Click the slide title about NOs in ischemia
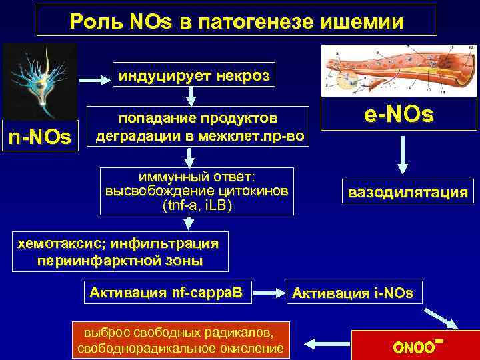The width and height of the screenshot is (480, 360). pos(237,21)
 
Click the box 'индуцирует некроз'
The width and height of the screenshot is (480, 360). pos(194,76)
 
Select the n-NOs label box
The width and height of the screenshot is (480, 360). pos(39,137)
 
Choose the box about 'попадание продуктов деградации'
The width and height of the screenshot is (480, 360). pos(199,127)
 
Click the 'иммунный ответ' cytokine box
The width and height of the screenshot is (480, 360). pos(197,191)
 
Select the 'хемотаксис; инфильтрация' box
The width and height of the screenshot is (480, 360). pos(118,251)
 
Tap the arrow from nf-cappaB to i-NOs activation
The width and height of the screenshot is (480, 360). pos(268,292)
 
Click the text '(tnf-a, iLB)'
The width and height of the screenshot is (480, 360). pos(197,205)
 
